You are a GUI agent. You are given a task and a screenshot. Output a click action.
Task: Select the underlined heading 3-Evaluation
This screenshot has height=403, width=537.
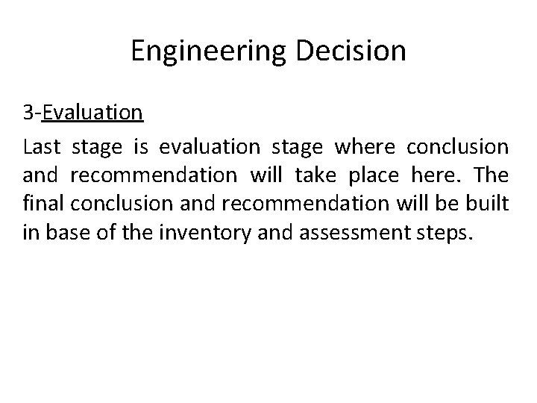pos(82,112)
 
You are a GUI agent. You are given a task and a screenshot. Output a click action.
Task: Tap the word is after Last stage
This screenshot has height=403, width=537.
pos(141,147)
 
